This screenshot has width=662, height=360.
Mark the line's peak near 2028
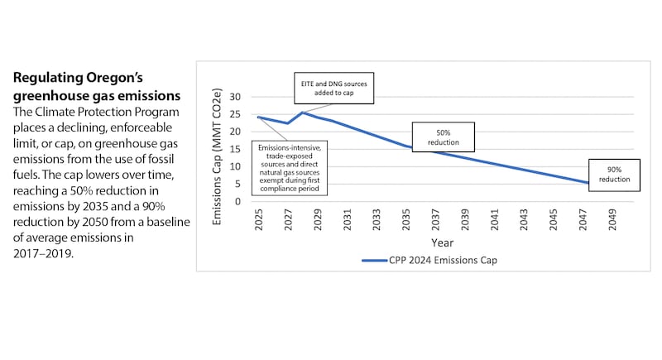[303, 113]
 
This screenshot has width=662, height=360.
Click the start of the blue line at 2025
[259, 117]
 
